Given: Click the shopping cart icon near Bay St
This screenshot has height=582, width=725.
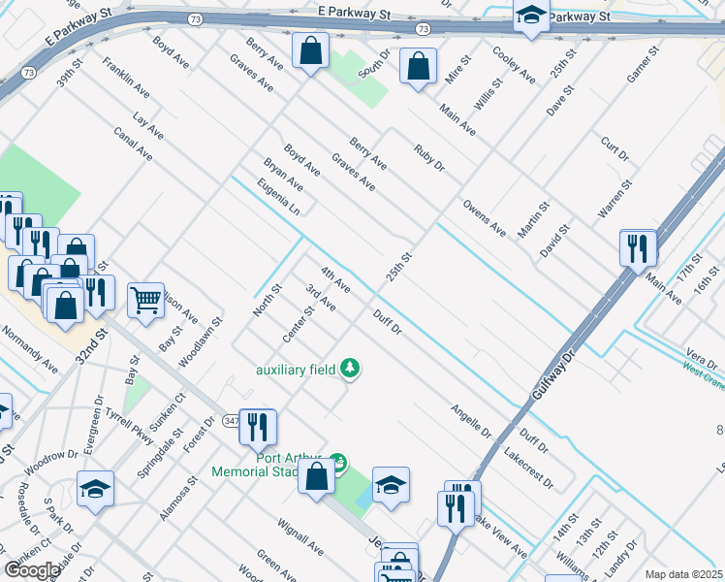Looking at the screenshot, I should click(x=146, y=301).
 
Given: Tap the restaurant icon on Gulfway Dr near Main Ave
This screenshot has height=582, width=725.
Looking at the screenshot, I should click(x=639, y=248).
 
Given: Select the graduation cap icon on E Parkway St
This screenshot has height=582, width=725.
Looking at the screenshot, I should click(x=531, y=16).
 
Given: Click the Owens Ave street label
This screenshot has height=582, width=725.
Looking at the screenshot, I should click(x=484, y=218).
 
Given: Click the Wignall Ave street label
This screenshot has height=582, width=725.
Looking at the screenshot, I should click(x=300, y=534).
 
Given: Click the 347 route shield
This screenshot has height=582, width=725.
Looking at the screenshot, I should click(x=231, y=421).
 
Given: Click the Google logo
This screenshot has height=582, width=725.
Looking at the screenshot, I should click(x=32, y=570).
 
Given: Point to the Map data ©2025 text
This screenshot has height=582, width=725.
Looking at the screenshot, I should click(x=683, y=574).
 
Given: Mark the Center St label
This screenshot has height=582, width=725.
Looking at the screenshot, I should click(x=299, y=324).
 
